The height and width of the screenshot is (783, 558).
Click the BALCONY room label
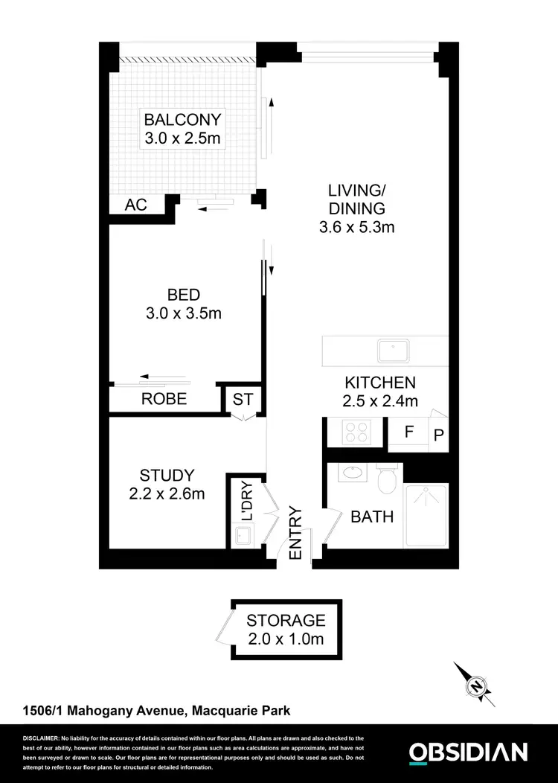[x=183, y=120]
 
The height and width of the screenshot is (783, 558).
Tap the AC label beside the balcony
[x=135, y=205]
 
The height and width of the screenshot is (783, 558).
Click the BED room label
[x=183, y=295]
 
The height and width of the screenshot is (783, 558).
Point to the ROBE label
[x=164, y=400]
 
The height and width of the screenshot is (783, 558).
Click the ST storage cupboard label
[x=243, y=400]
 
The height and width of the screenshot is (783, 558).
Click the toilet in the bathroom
[x=387, y=481]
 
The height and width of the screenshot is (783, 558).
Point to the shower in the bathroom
[x=425, y=515]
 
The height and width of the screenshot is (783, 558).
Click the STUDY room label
[x=167, y=475]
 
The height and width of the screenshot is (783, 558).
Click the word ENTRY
[x=295, y=534]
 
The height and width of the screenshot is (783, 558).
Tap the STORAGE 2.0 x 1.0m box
[x=286, y=629]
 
